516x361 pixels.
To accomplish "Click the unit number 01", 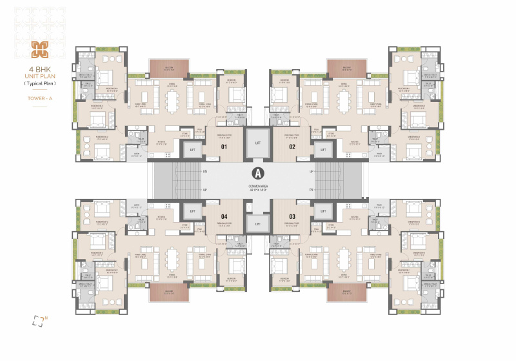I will tap(224, 147).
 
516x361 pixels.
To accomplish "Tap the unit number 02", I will tap(292, 147).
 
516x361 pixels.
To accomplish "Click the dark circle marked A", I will tap(258, 173).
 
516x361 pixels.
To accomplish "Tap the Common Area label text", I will tap(258, 187).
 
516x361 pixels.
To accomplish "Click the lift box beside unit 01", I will tap(192, 150).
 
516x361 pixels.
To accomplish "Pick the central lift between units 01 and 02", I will tap(258, 142).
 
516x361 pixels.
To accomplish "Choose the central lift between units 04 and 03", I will tap(258, 223).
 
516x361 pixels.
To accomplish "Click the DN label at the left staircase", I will tap(204, 172).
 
